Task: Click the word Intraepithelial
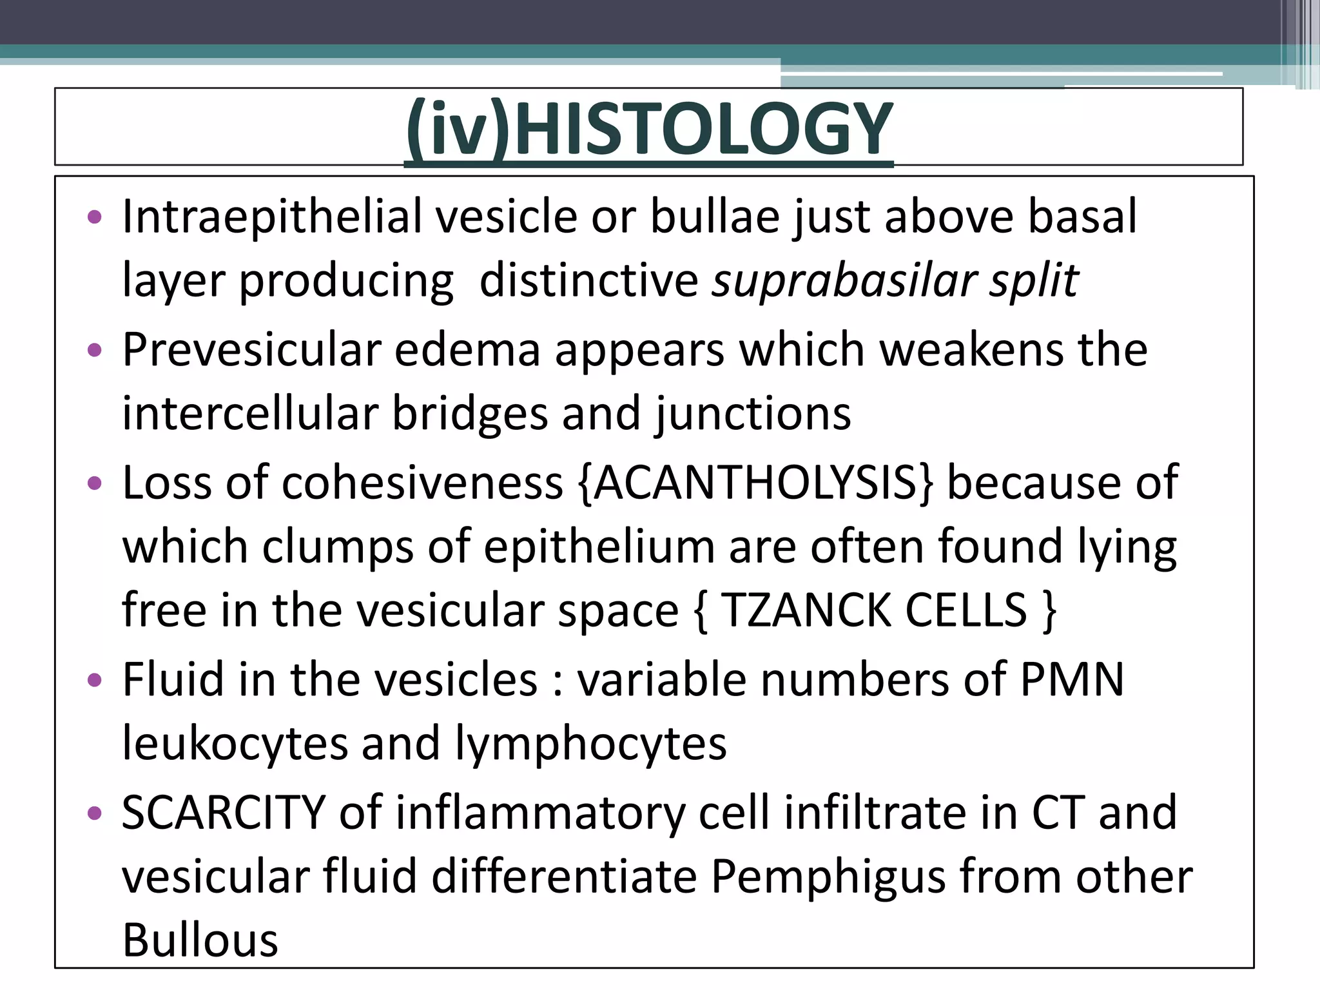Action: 271,216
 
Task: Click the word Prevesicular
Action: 252,349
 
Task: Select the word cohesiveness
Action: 422,483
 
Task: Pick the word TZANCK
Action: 806,610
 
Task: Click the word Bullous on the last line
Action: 200,940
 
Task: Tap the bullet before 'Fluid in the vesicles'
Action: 95,680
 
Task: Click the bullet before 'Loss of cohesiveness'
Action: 95,483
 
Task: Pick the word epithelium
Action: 599,547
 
